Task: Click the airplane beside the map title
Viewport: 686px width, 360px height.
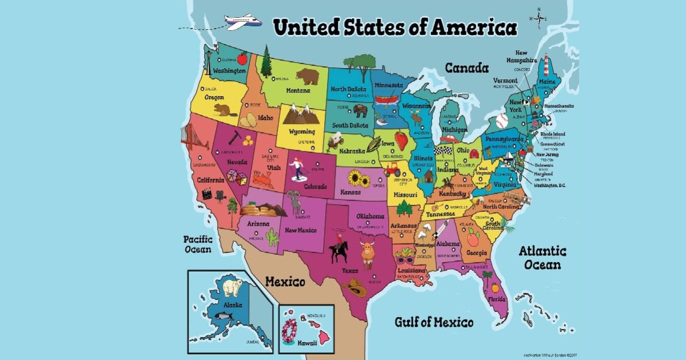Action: pos(244,22)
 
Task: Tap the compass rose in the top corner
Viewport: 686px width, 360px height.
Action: pos(538,18)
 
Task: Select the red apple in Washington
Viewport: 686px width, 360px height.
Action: pos(242,58)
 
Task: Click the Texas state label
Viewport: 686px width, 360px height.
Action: pos(350,270)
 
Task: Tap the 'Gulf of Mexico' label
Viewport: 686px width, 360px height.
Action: pos(434,322)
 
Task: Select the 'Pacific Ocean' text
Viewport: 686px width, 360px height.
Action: pos(197,244)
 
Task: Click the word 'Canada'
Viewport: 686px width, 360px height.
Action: pos(466,68)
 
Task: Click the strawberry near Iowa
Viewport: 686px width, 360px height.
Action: pos(402,139)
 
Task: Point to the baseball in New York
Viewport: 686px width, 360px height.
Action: pos(502,121)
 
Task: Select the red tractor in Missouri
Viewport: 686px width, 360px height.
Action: pos(392,170)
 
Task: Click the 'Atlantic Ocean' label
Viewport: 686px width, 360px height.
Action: pos(543,258)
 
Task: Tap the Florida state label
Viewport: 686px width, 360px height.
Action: pos(496,299)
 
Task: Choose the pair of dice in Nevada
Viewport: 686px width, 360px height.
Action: pos(236,178)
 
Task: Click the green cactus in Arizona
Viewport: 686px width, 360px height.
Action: pos(272,237)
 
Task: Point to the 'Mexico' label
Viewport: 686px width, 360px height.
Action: pos(285,282)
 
